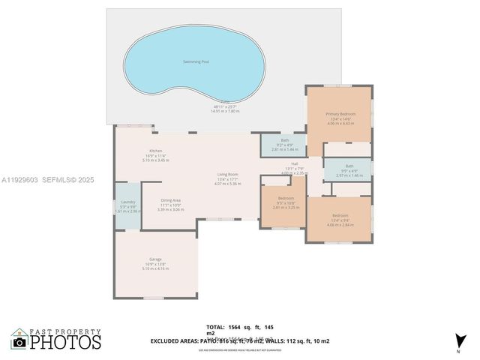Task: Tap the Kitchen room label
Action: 155,151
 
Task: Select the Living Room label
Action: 227,174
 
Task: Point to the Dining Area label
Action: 170,200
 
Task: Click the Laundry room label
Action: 127,202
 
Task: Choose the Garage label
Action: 155,259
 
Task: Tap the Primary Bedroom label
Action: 340,114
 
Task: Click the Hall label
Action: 295,163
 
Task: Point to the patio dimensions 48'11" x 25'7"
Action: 225,106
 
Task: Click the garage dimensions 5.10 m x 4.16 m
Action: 155,268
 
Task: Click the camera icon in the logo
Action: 19,342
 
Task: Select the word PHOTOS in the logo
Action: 65,342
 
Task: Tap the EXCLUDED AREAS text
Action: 175,340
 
